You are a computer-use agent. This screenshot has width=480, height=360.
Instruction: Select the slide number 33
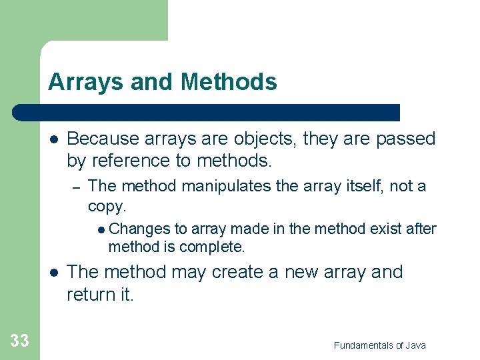click(x=20, y=341)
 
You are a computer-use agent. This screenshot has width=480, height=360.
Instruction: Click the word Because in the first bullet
click(x=103, y=139)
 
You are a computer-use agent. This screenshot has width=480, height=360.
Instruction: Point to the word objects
click(x=263, y=139)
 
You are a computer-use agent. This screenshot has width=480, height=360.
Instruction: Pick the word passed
click(x=405, y=139)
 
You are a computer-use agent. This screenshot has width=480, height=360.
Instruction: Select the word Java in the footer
click(x=414, y=345)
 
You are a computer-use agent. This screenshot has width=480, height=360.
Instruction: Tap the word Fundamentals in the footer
click(x=364, y=345)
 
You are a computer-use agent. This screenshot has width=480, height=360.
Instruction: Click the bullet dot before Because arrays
click(x=53, y=139)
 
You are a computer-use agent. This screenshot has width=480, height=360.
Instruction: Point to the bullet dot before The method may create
click(x=53, y=273)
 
